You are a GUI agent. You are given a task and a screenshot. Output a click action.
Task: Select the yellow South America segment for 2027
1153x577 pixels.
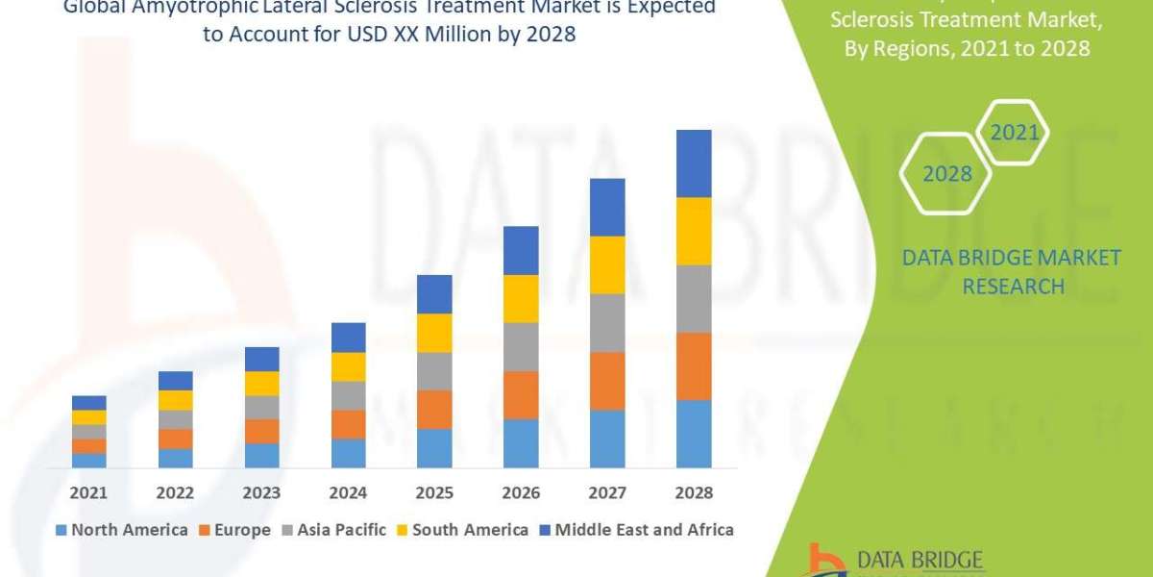click(x=607, y=264)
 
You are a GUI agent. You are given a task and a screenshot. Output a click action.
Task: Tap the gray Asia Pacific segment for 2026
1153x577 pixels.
click(x=521, y=346)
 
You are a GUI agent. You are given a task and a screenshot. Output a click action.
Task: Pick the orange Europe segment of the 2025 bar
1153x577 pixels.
click(x=434, y=409)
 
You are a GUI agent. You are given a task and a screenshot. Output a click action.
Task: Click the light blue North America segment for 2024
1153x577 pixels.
click(x=348, y=453)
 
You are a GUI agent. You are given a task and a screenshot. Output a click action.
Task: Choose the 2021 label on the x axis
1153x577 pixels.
click(x=88, y=492)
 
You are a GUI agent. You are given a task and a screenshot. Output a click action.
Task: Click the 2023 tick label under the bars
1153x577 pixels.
click(x=261, y=492)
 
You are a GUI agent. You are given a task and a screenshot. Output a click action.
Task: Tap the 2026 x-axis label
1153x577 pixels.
click(x=521, y=492)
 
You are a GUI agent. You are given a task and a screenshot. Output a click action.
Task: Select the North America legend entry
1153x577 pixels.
click(x=122, y=530)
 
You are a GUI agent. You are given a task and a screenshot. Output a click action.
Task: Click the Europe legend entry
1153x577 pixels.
click(x=236, y=530)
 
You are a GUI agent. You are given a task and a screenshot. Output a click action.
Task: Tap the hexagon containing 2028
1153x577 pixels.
click(x=946, y=174)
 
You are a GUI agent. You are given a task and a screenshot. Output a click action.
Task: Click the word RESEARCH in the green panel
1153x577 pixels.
click(x=1013, y=287)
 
